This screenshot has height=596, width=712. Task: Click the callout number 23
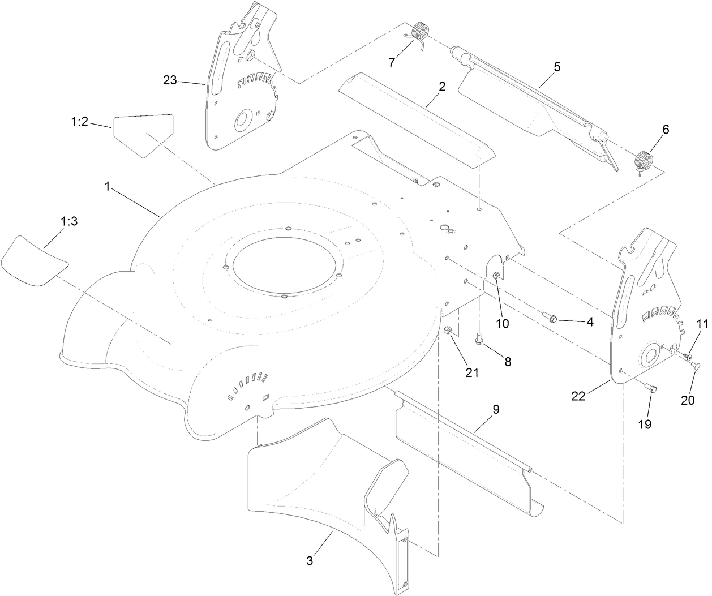tap(170, 80)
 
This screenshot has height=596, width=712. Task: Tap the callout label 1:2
tap(79, 122)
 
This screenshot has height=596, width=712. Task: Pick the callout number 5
tap(557, 67)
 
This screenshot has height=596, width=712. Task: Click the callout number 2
tap(441, 87)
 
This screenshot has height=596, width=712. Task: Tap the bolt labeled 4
tap(552, 319)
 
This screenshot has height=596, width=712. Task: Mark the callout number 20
tap(687, 400)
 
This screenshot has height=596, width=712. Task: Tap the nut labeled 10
tap(496, 276)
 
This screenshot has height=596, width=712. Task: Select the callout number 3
tap(310, 560)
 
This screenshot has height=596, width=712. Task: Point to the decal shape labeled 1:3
tap(34, 259)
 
